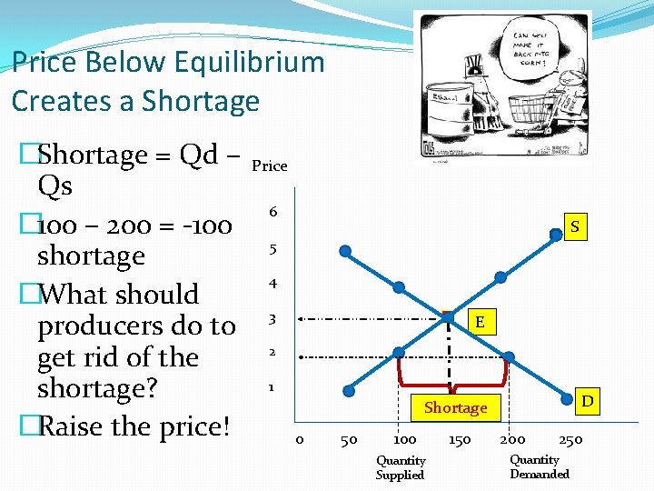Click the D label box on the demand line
(x=588, y=400)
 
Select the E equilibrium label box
(x=480, y=323)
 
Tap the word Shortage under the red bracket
(x=456, y=407)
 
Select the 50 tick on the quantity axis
(x=347, y=440)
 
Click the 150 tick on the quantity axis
(x=460, y=440)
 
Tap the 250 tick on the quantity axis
(x=570, y=440)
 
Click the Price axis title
(x=269, y=165)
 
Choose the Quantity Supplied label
(x=401, y=467)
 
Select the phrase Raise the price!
(x=134, y=426)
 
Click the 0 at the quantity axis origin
(x=300, y=440)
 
